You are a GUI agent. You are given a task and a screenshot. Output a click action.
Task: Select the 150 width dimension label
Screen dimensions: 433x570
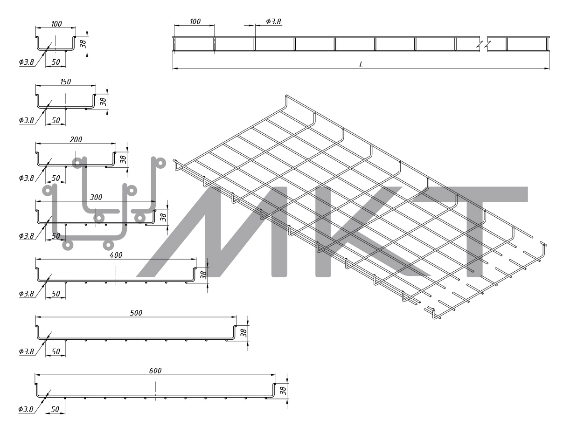click(66, 82)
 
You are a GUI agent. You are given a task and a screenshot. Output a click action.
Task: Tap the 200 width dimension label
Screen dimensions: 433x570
click(76, 139)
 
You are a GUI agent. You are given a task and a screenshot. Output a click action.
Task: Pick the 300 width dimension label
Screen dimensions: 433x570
click(96, 197)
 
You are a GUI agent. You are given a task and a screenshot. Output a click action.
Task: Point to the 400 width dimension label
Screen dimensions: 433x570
click(116, 255)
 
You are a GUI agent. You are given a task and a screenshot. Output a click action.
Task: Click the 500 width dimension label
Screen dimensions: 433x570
click(136, 313)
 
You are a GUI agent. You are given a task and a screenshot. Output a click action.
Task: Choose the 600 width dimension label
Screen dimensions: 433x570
click(155, 371)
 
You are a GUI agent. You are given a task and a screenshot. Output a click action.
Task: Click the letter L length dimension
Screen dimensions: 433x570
click(361, 65)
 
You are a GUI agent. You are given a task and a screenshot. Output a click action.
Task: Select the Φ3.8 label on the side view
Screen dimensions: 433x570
click(273, 21)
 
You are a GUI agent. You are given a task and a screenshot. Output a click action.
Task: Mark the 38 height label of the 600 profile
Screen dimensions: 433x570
click(282, 391)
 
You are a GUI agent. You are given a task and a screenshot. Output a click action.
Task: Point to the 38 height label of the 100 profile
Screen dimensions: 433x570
click(83, 44)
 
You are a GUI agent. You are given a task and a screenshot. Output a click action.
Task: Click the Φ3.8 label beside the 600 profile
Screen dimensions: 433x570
click(26, 409)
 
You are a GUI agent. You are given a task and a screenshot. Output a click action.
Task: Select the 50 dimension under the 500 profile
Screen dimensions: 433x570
click(56, 351)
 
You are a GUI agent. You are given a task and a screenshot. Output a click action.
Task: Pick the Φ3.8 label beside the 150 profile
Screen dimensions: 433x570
click(27, 120)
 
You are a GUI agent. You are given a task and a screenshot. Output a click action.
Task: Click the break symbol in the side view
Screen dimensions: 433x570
click(484, 45)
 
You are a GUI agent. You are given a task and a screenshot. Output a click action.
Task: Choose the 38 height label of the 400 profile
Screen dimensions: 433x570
click(203, 275)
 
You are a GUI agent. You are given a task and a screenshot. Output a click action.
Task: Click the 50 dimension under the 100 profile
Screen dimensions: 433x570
click(56, 62)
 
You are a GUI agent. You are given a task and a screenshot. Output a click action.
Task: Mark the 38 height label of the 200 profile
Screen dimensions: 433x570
click(123, 159)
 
